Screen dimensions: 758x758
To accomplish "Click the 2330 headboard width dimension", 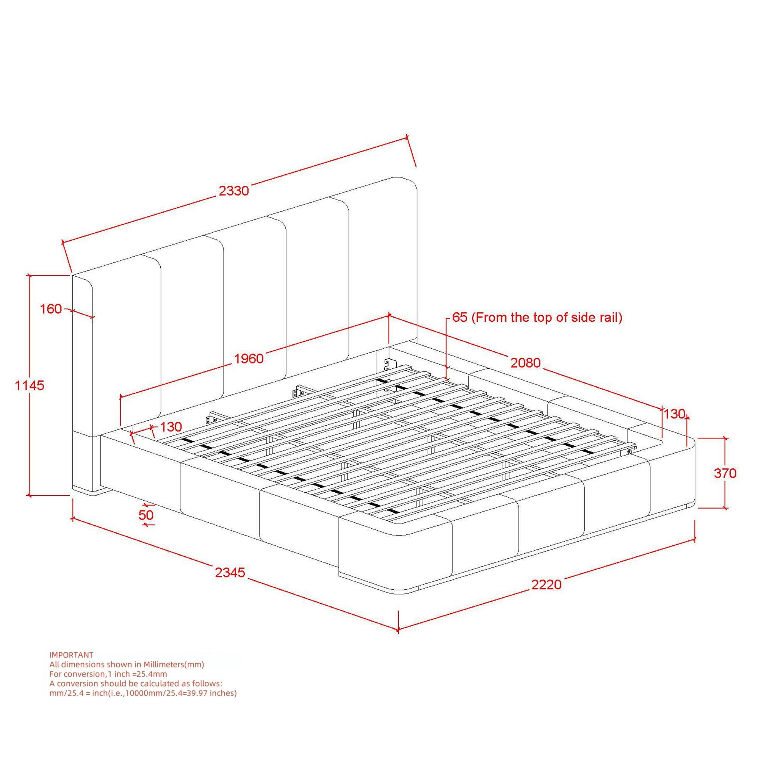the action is click(234, 191).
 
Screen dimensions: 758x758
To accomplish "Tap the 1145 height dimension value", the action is click(30, 386).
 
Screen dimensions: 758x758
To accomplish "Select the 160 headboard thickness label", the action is click(51, 309).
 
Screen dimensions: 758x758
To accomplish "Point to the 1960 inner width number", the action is click(249, 359).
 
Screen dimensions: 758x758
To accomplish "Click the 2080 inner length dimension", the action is click(525, 363).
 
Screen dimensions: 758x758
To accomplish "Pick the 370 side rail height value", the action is click(725, 473).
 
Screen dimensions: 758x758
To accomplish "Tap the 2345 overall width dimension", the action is click(230, 572).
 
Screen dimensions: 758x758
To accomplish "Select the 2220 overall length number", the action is click(547, 584).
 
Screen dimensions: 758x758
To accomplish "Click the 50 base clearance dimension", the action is click(146, 515).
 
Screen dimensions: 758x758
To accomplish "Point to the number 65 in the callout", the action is click(460, 317).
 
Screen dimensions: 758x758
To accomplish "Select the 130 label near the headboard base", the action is click(171, 426).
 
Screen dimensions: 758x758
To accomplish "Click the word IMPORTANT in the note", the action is click(71, 655).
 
